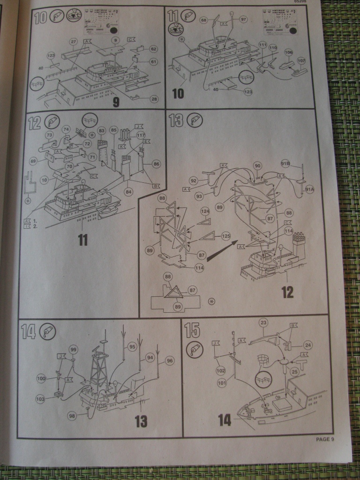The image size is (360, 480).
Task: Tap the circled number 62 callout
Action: pyautogui.click(x=153, y=49)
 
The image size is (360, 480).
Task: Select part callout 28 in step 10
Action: pyautogui.click(x=154, y=98)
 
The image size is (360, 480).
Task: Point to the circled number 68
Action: pyautogui.click(x=203, y=20)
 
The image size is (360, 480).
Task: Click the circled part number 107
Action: pyautogui.click(x=301, y=60)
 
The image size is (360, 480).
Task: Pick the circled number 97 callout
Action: pyautogui.click(x=243, y=19)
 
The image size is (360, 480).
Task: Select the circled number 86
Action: pyautogui.click(x=156, y=164)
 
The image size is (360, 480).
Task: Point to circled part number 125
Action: pyautogui.click(x=226, y=236)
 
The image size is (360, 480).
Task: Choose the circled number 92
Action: pyautogui.click(x=194, y=180)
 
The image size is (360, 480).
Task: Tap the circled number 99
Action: pyautogui.click(x=73, y=350)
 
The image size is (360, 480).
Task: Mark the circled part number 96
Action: pyautogui.click(x=170, y=361)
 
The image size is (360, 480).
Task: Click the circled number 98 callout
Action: pyautogui.click(x=72, y=415)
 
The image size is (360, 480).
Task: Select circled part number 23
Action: pyautogui.click(x=263, y=322)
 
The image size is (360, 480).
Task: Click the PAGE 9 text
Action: pyautogui.click(x=325, y=439)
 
